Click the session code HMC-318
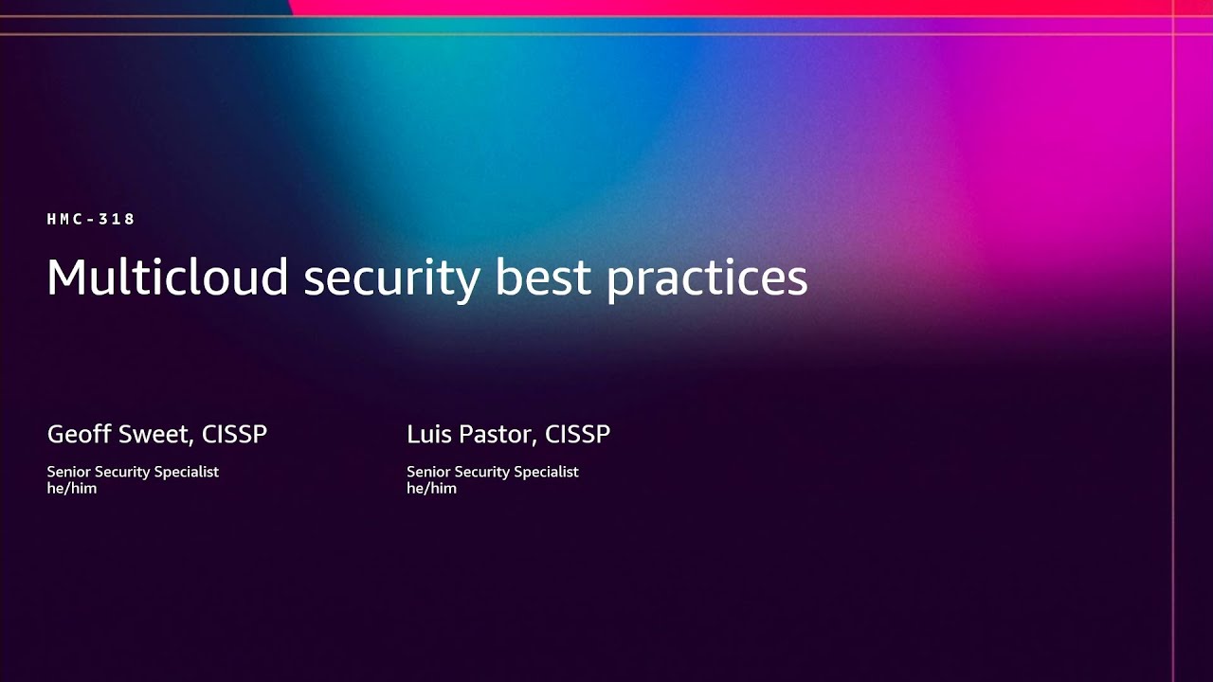click(x=91, y=219)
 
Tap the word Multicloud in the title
click(x=167, y=278)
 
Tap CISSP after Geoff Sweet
click(x=234, y=435)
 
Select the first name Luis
click(x=426, y=435)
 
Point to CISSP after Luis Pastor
click(x=577, y=435)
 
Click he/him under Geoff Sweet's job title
click(x=71, y=489)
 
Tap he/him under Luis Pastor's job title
click(x=431, y=489)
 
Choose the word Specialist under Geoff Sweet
click(x=186, y=472)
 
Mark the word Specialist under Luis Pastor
click(x=546, y=472)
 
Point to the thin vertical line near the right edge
click(x=1173, y=379)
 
